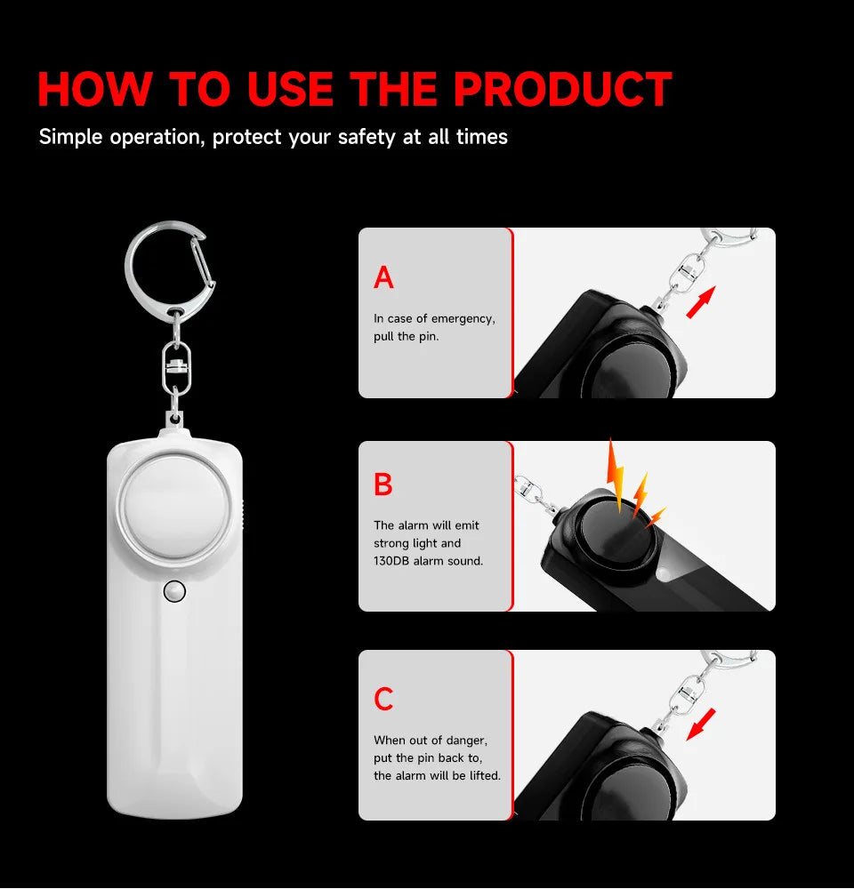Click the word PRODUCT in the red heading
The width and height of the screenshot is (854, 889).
point(562,89)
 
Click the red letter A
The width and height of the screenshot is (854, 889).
point(383,278)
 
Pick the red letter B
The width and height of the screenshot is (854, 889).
point(383,485)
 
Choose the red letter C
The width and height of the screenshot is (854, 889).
point(383,700)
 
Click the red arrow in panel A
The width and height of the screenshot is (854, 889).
point(702,301)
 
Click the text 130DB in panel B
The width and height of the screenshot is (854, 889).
point(392,561)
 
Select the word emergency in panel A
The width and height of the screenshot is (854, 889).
point(463,318)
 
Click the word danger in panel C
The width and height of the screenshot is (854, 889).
point(464,740)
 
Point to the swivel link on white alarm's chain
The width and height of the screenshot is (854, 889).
point(176,364)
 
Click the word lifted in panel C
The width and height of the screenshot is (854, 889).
point(482,775)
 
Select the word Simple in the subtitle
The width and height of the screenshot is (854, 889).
point(71,137)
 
